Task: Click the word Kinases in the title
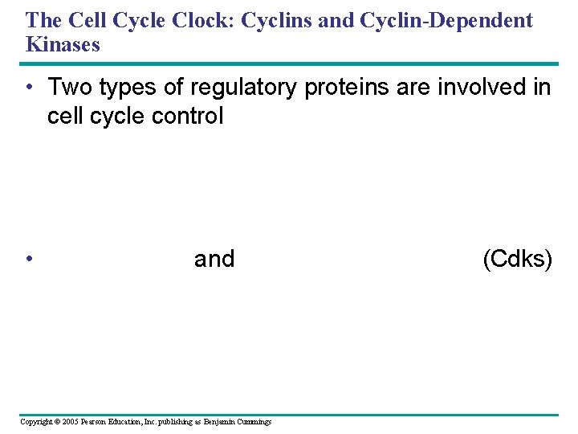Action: (63, 44)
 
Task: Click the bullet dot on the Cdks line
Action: (29, 259)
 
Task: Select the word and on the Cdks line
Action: (214, 259)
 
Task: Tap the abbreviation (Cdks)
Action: (517, 259)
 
